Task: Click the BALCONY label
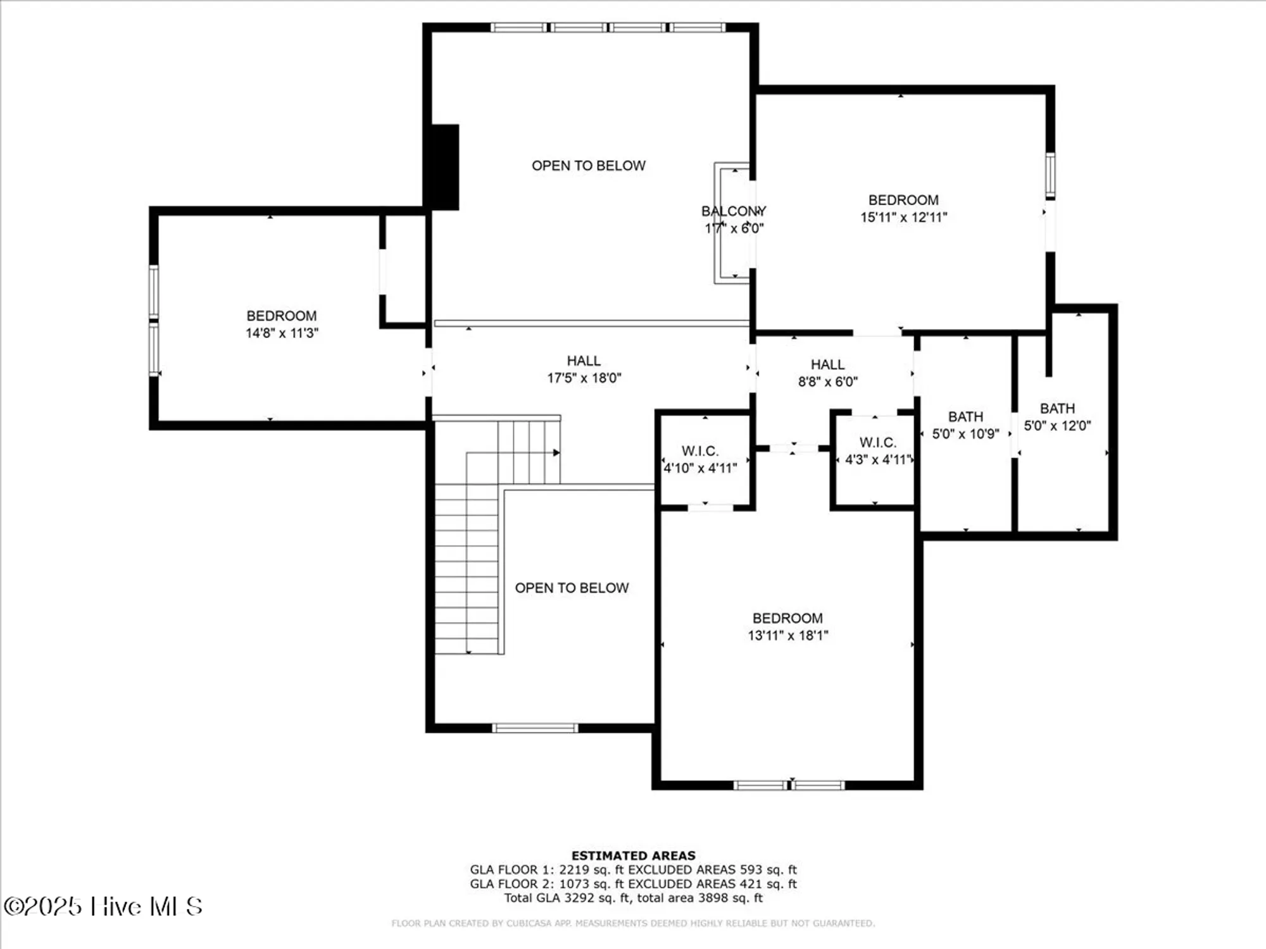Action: tap(733, 211)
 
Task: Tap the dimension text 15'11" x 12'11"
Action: tap(903, 218)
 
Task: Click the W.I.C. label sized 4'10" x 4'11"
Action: tap(699, 451)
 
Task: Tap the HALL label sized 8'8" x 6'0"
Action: tap(827, 364)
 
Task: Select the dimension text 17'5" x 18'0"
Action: tap(584, 378)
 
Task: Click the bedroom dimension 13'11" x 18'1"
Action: tap(787, 636)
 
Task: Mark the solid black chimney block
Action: tap(444, 167)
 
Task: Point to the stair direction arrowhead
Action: tap(556, 452)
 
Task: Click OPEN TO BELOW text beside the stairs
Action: tap(572, 588)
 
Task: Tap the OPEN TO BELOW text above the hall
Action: tap(588, 166)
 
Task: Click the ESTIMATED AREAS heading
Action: tap(633, 855)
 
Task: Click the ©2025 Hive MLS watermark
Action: tap(103, 907)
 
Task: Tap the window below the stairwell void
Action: tap(535, 728)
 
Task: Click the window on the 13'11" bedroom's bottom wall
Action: tap(789, 785)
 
